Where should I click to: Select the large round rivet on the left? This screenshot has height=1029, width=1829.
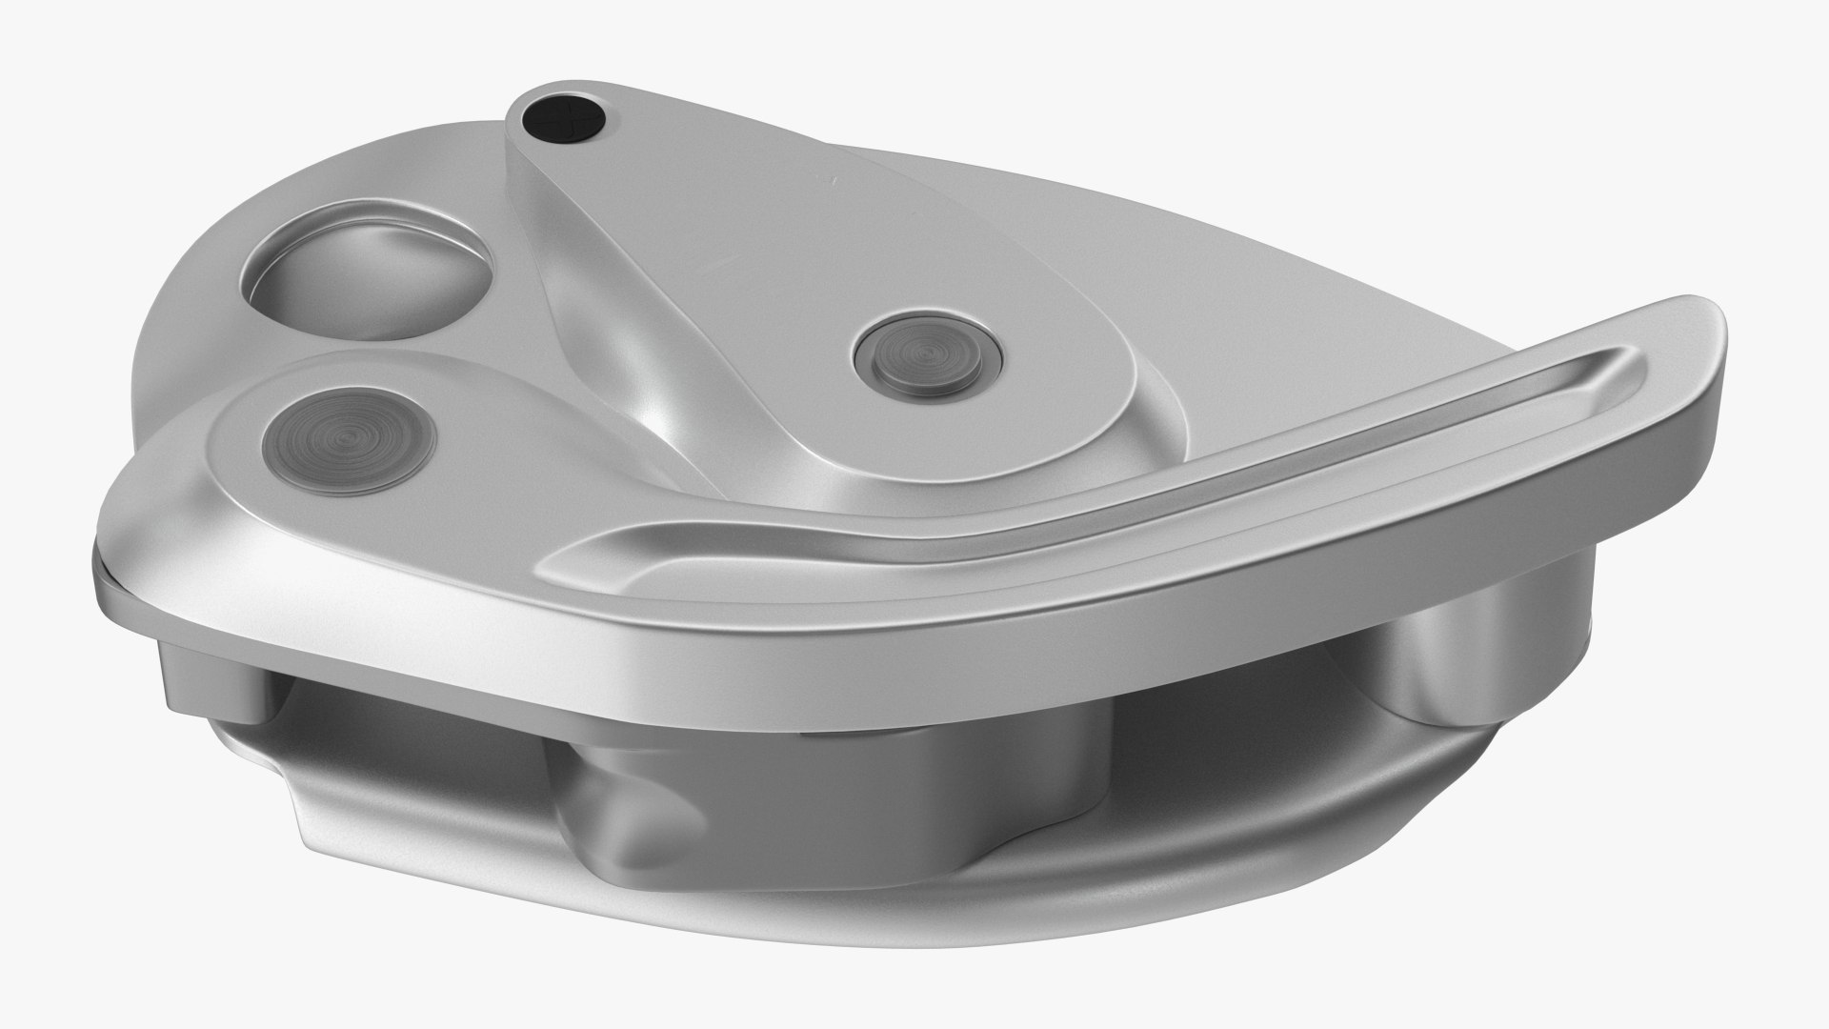[x=348, y=439]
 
